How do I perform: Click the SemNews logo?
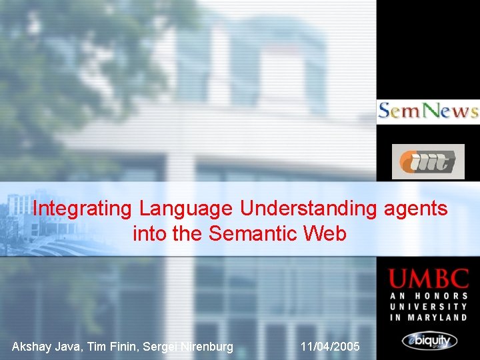click(x=427, y=111)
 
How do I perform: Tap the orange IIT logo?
click(x=427, y=161)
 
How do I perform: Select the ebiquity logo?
click(x=429, y=341)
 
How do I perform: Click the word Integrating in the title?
click(x=83, y=209)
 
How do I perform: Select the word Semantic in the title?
click(x=253, y=234)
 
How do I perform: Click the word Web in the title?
click(x=325, y=234)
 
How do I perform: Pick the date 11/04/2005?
click(x=330, y=347)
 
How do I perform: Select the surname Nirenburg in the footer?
click(x=204, y=347)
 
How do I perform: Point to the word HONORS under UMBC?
click(x=441, y=296)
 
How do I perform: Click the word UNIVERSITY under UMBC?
click(x=429, y=307)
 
